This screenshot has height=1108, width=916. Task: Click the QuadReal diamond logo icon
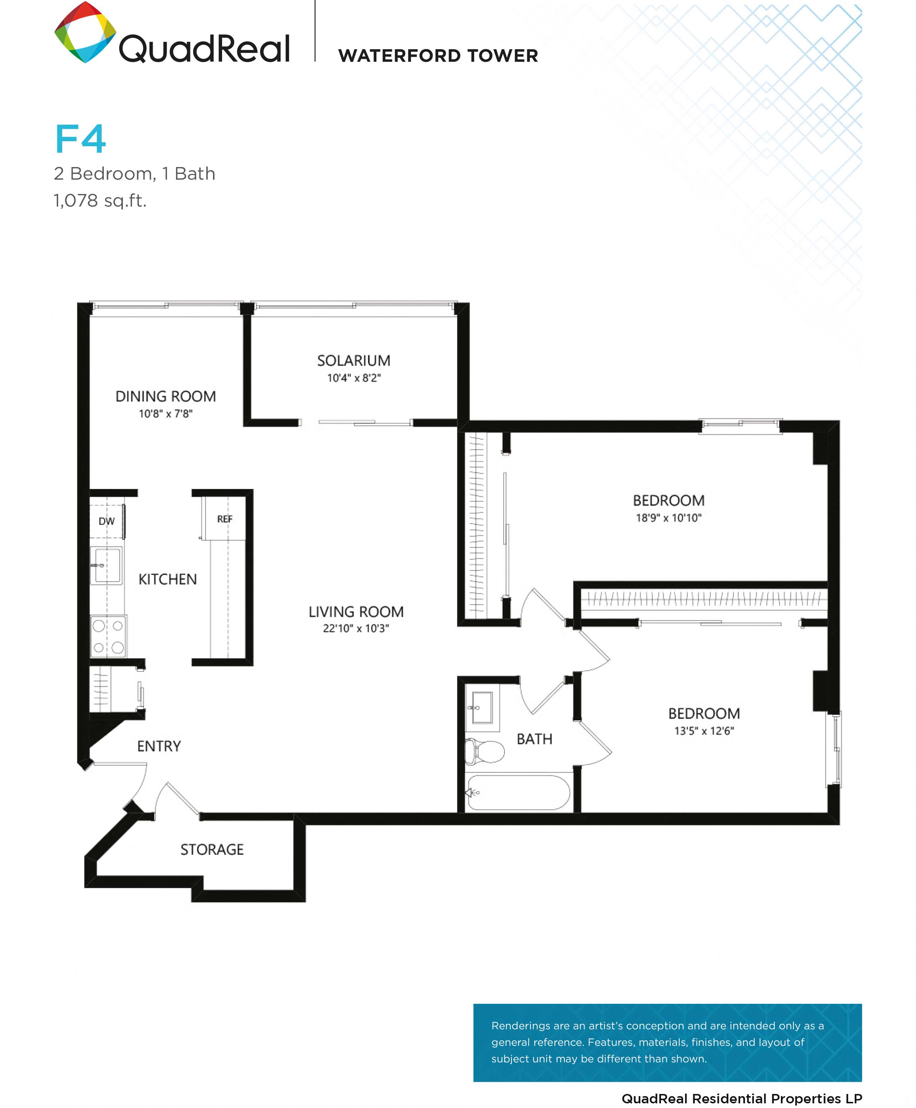(x=85, y=33)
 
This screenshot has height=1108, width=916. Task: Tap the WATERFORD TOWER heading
(x=438, y=55)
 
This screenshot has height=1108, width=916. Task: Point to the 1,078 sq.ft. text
(x=100, y=200)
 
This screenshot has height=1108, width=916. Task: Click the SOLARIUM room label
(x=353, y=361)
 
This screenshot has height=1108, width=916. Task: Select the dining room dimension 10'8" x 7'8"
(x=166, y=414)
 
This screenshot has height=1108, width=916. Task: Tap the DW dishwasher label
(x=107, y=521)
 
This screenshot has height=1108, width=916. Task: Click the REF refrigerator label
(x=225, y=519)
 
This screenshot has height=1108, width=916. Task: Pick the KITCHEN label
(x=167, y=579)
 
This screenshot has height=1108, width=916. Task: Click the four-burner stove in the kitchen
(x=108, y=636)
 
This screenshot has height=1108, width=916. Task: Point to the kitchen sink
(x=107, y=565)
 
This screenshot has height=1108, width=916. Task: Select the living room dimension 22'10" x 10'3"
(x=356, y=628)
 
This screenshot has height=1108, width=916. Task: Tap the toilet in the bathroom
(x=484, y=751)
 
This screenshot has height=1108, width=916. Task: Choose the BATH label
(x=535, y=739)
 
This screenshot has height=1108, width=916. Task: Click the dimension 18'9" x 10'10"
(x=669, y=518)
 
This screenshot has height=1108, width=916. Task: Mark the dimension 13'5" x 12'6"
(x=704, y=731)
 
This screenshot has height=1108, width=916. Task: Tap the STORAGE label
(x=212, y=849)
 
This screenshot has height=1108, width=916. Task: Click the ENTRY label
(x=159, y=746)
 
